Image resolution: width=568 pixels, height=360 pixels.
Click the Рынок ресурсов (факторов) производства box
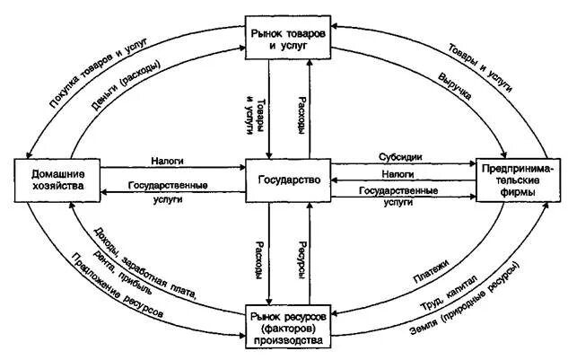point(288,329)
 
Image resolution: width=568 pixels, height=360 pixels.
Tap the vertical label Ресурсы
point(304,259)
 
